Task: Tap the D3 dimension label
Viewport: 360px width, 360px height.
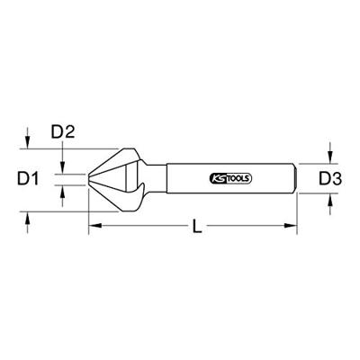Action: coord(332,181)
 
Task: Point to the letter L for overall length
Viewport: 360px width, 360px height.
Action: coord(196,229)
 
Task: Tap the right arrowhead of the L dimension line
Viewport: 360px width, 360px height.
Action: coord(293,228)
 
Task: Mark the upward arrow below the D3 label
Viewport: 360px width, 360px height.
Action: coord(331,205)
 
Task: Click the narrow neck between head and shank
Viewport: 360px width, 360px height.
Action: coord(157,181)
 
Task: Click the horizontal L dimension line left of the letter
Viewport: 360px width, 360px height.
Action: coord(144,228)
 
